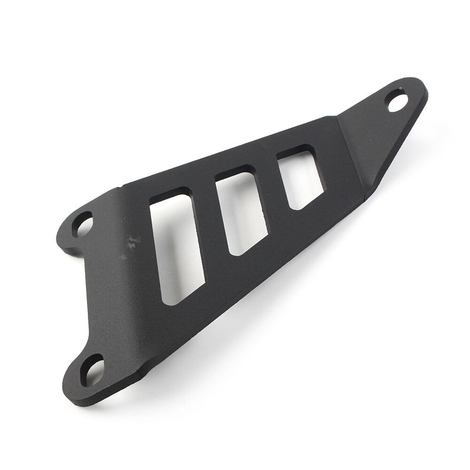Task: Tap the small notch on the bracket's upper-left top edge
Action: pyautogui.click(x=117, y=188)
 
